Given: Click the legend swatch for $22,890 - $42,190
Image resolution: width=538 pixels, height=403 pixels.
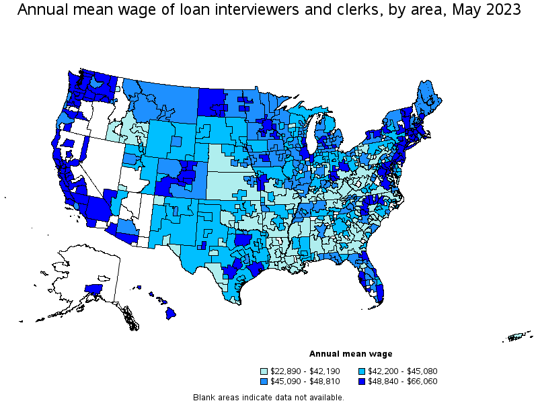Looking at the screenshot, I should pyautogui.click(x=264, y=371).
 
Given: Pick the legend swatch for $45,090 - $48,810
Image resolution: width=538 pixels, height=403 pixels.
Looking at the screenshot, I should pyautogui.click(x=264, y=382).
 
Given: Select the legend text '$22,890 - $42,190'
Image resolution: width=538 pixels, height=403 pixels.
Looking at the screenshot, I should pyautogui.click(x=305, y=371).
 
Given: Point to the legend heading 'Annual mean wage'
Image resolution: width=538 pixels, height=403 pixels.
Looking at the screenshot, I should pyautogui.click(x=350, y=354).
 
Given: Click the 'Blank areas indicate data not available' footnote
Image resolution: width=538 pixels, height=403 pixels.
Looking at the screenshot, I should pyautogui.click(x=268, y=397).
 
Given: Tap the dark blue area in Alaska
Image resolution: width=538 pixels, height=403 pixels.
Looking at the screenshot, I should pyautogui.click(x=93, y=290).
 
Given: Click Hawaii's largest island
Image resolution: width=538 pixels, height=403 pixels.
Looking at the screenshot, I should pyautogui.click(x=171, y=312).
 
